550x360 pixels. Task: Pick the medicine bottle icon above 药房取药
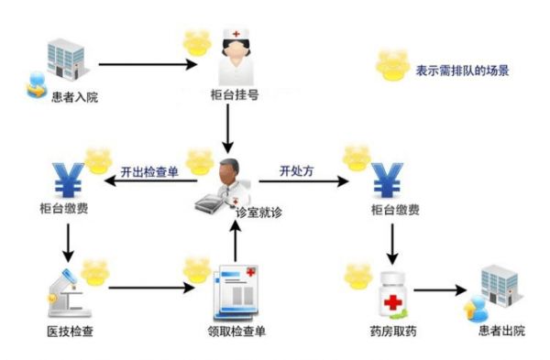(393, 293)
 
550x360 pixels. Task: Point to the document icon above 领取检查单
(236, 292)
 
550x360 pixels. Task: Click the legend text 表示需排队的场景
(462, 70)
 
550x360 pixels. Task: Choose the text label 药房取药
(391, 330)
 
